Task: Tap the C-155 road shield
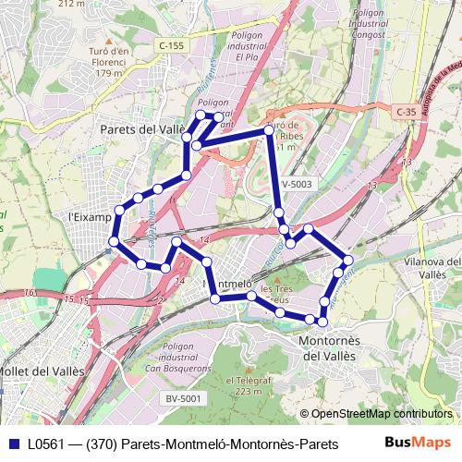172,44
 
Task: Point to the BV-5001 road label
184,397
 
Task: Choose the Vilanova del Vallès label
432,268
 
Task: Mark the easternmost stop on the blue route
347,260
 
